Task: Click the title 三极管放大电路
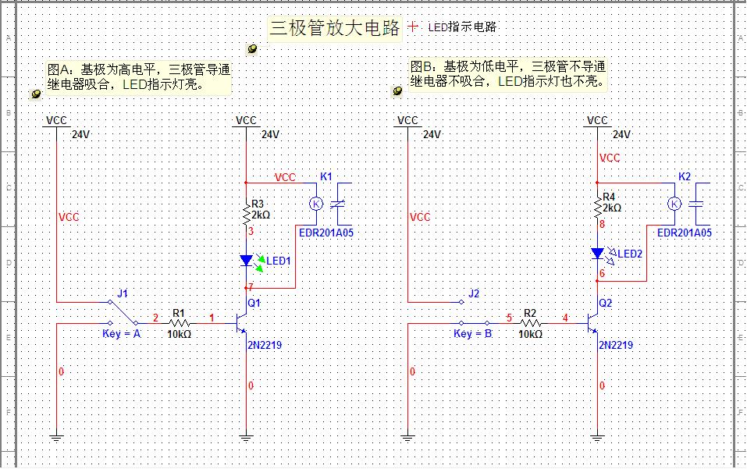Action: tap(334, 29)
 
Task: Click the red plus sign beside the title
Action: tap(413, 27)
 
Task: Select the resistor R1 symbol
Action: tap(180, 322)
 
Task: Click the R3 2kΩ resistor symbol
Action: tap(247, 212)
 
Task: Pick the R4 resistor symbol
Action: tap(598, 211)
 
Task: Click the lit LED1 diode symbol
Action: tap(247, 261)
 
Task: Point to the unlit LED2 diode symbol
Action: tap(598, 254)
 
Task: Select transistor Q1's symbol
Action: tap(242, 322)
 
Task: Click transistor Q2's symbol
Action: tap(593, 322)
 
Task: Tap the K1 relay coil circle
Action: tap(316, 204)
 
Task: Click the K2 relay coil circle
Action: tap(674, 204)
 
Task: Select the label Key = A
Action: tap(122, 334)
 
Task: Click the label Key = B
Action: tap(473, 334)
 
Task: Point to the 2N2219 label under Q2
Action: tap(615, 345)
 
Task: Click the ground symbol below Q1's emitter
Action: tap(247, 438)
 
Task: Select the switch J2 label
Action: tap(474, 293)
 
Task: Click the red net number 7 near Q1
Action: tap(251, 288)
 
